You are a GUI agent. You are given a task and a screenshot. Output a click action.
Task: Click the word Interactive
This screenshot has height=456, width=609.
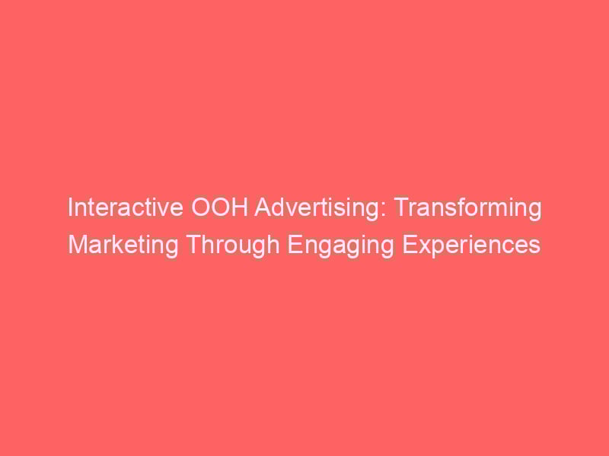click(126, 207)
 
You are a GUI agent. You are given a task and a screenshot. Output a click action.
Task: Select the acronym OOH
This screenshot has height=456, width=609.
click(219, 207)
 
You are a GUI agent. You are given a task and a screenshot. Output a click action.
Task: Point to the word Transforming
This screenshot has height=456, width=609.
click(468, 209)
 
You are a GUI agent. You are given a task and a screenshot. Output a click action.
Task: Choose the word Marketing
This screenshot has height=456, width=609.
click(123, 245)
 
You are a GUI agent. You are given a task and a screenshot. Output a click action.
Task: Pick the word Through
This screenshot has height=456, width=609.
click(233, 245)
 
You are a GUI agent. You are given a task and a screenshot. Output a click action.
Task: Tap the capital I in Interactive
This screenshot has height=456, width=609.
click(70, 207)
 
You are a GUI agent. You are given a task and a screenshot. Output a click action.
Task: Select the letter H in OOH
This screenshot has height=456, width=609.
click(241, 207)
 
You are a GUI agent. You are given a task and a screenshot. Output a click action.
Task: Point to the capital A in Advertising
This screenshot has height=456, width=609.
click(263, 207)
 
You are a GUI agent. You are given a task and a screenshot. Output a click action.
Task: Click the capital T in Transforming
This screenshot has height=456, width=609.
click(403, 207)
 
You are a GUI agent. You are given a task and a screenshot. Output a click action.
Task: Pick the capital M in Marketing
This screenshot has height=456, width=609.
click(78, 245)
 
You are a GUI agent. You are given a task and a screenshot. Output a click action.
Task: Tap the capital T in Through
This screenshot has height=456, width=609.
click(193, 245)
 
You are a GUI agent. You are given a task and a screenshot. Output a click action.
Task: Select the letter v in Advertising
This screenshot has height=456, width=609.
click(290, 210)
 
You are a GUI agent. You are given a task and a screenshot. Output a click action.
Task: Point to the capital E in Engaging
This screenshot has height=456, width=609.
click(294, 245)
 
